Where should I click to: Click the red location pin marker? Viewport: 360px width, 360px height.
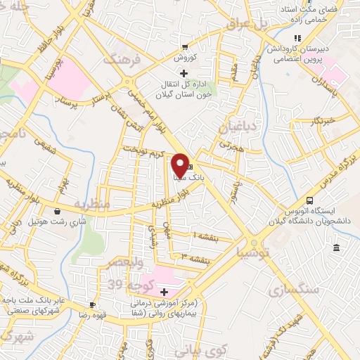tap(180, 165)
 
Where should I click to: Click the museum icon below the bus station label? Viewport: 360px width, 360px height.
tap(337, 249)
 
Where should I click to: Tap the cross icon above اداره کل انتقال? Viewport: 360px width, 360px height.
tap(184, 73)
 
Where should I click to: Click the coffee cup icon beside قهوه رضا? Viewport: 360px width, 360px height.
tap(93, 304)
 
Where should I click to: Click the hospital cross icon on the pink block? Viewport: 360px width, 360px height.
tap(165, 292)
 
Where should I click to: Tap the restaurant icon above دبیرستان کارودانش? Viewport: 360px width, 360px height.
tap(297, 38)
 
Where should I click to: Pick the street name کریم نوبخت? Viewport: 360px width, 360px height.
tap(143, 152)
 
